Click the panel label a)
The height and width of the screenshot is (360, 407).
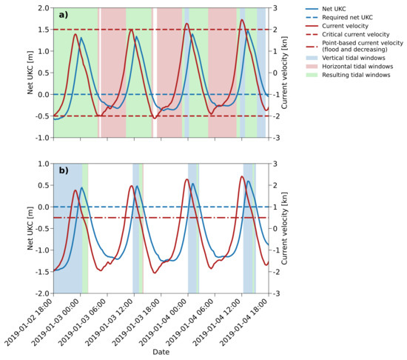point(64,15)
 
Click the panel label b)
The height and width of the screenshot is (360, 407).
point(64,170)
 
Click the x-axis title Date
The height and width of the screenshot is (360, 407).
point(161,353)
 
